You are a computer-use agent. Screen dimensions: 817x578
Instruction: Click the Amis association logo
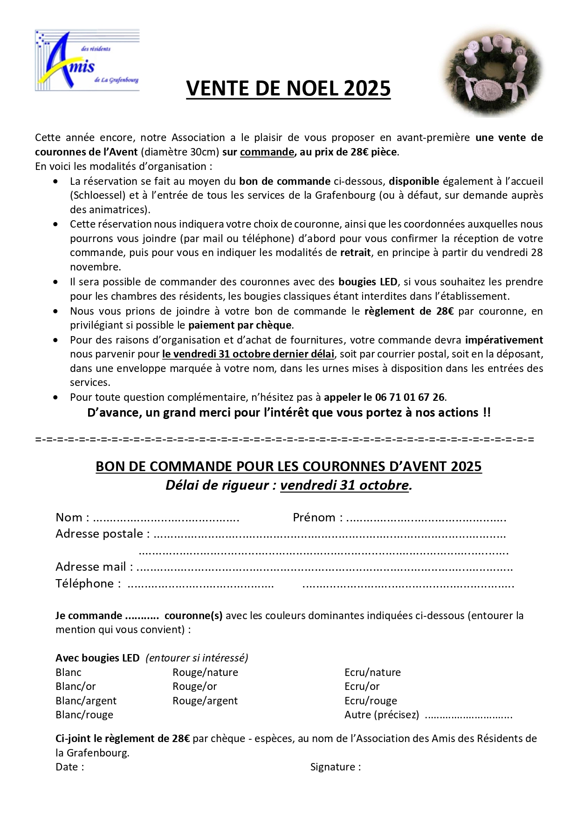point(87,61)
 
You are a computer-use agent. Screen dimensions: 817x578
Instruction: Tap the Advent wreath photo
point(492,71)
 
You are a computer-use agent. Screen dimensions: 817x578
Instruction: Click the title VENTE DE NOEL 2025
point(288,88)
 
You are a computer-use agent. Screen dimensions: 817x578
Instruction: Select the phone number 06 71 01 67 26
point(410,398)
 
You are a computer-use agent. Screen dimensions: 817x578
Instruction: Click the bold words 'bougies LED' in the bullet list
point(368,282)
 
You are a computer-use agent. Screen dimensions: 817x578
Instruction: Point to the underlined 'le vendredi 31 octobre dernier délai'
point(248,354)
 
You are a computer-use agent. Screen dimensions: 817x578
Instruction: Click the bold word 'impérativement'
point(504,340)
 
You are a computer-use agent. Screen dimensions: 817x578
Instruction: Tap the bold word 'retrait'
point(355,253)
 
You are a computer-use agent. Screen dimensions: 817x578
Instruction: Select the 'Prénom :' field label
point(317,518)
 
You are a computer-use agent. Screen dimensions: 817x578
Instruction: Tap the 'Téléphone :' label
point(88,584)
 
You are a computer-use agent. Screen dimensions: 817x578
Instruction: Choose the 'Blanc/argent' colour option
point(86,701)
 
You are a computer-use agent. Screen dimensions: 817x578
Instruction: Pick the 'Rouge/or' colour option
point(194,687)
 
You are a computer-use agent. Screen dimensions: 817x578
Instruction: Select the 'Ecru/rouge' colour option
point(371,701)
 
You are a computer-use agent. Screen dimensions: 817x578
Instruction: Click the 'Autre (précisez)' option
point(381,715)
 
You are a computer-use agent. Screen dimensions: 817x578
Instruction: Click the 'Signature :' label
point(335,767)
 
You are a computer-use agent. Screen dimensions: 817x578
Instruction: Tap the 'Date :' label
point(69,767)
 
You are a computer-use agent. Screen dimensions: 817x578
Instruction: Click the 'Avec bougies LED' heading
point(97,658)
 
